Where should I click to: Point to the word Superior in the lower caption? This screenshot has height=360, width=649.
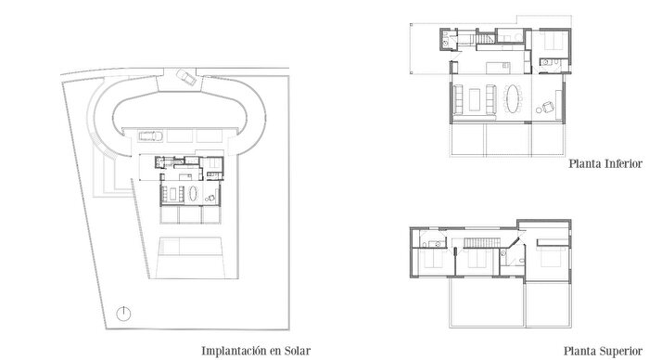(x=621, y=351)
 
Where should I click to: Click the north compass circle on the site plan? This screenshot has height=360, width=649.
(x=126, y=313)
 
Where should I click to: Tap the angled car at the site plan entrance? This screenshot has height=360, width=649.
(x=185, y=78)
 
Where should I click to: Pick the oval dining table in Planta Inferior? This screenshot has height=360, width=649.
(x=514, y=98)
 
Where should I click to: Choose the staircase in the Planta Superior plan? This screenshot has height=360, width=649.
(x=478, y=243)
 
